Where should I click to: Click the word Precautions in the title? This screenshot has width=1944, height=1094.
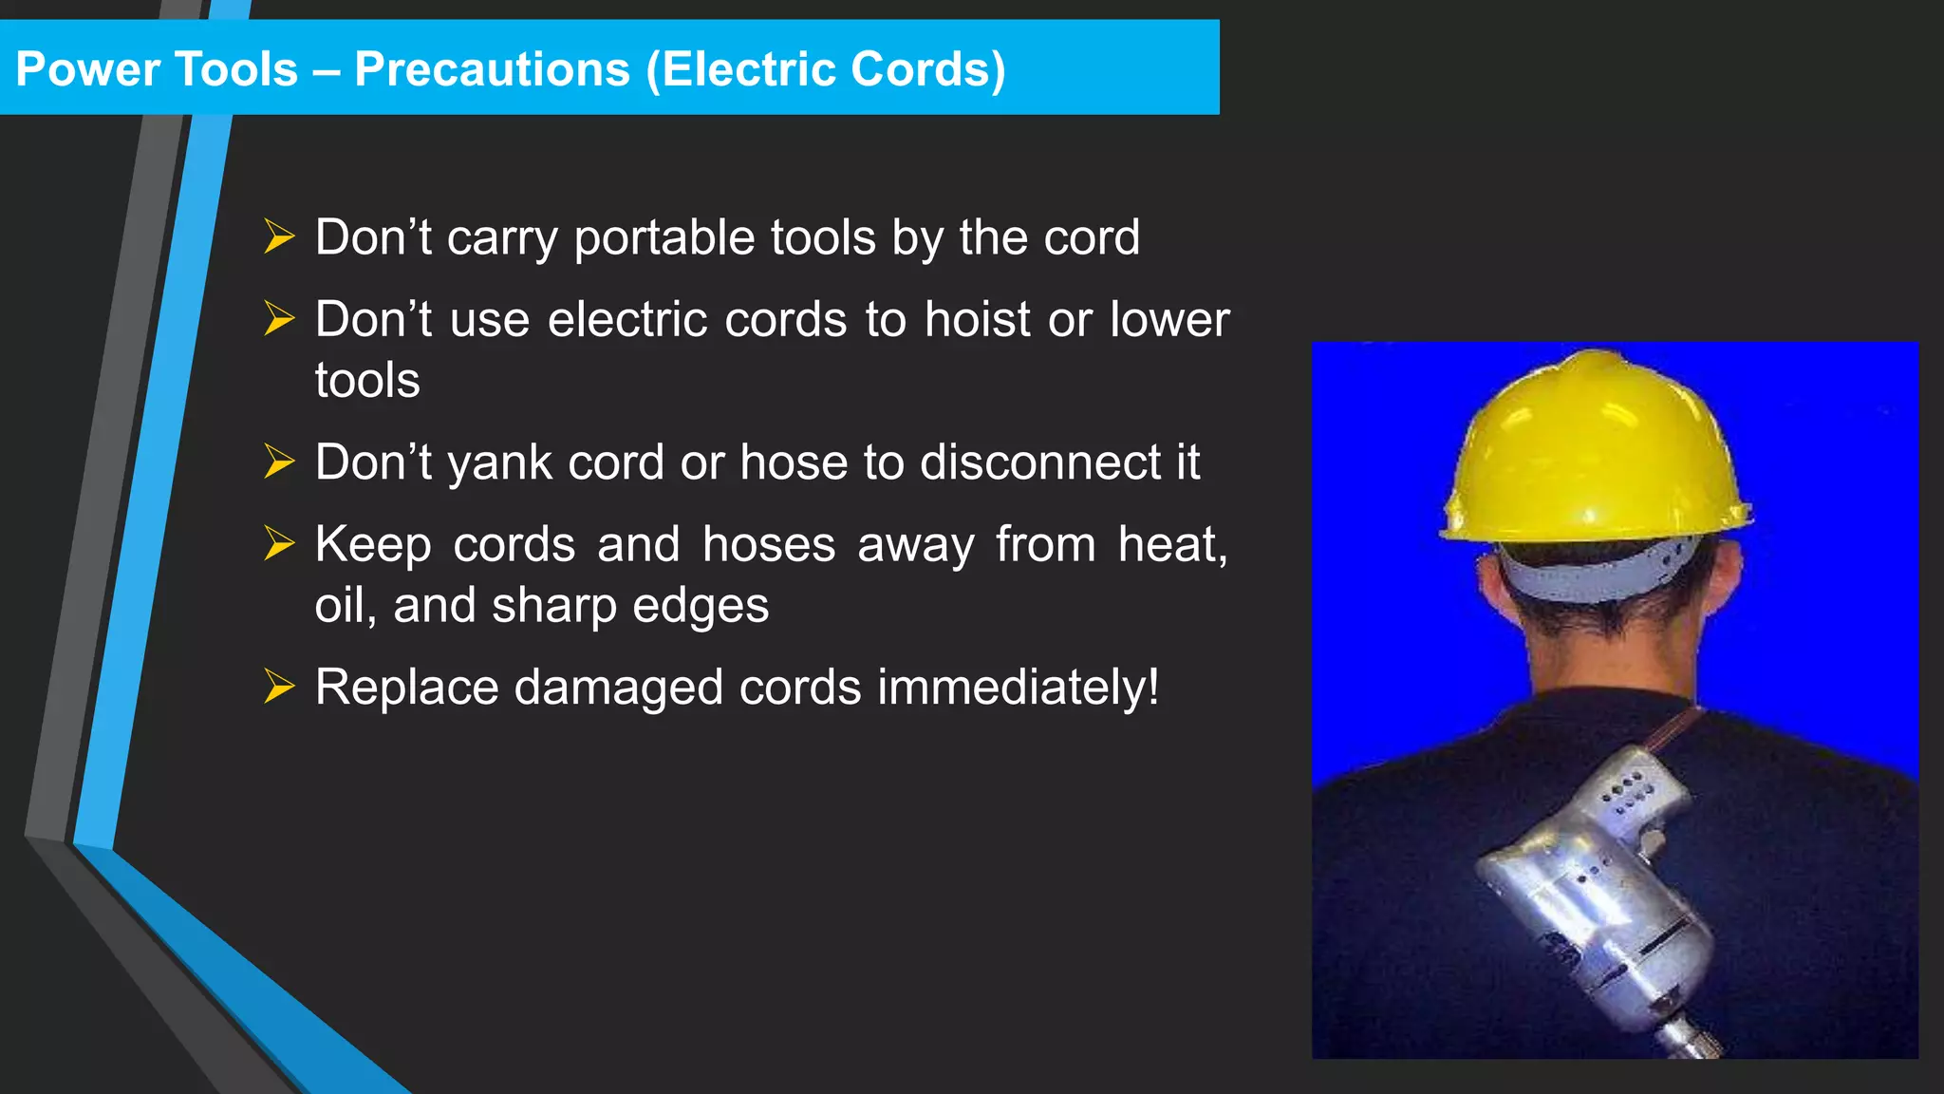coord(492,69)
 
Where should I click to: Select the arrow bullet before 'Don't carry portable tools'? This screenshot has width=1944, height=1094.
coord(279,236)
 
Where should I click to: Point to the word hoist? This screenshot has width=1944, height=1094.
coord(978,319)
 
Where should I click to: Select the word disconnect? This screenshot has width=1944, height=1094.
coord(1039,462)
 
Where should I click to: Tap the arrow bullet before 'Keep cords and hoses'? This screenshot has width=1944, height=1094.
coord(279,544)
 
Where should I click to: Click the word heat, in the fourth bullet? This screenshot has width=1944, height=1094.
coord(1172,545)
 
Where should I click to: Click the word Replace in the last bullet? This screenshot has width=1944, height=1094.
coord(406,688)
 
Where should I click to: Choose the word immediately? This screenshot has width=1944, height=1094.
coord(1018,688)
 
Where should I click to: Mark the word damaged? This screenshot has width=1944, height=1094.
coord(618,688)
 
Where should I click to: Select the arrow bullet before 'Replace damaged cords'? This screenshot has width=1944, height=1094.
coord(279,687)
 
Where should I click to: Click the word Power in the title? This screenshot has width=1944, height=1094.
coord(88,69)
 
